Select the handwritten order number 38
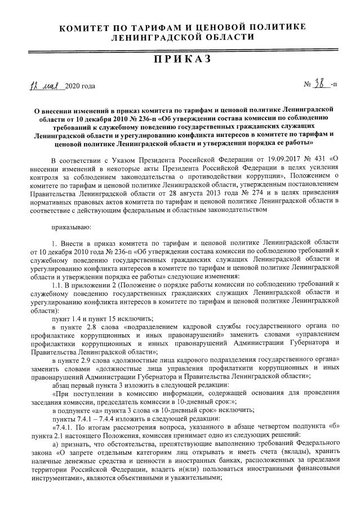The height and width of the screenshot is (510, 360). (321, 85)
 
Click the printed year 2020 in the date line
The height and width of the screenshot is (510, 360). (73, 86)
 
